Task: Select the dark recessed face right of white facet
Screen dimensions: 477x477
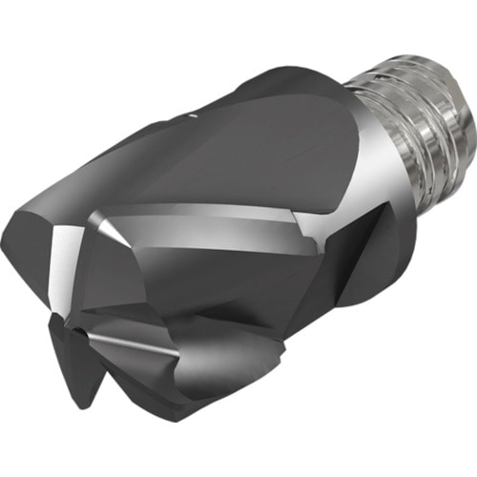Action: pos(143,277)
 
